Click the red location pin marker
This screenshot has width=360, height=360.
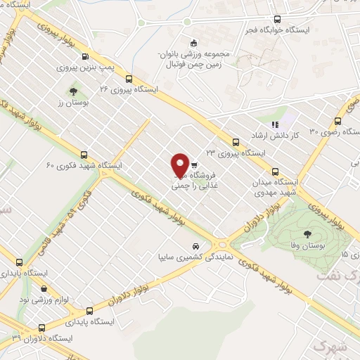coord(180,165)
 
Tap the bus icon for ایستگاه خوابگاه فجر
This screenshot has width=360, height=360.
coord(277,20)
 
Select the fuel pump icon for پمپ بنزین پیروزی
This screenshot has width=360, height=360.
coord(85,57)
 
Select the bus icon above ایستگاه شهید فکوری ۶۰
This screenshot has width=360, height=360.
coord(84,155)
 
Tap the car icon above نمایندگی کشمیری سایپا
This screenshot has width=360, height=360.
coord(195,247)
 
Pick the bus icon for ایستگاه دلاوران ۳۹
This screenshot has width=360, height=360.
coord(42,327)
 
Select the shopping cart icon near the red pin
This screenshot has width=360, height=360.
coord(194,165)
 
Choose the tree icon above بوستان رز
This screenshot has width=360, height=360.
coord(73,91)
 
